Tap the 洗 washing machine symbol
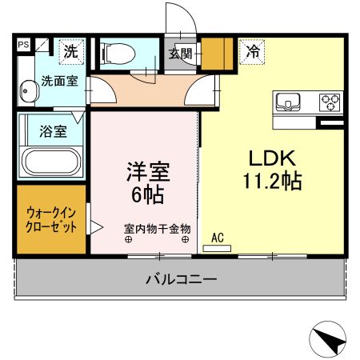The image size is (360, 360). click(71, 52)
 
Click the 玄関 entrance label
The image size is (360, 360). click(181, 54)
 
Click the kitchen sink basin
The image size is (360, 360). click(287, 102)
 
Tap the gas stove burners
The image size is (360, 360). click(329, 102)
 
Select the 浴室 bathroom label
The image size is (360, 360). click(52, 128)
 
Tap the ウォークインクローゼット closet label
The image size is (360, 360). click(52, 220)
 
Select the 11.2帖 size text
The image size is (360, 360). click(272, 182)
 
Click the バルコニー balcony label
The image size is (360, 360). click(180, 280)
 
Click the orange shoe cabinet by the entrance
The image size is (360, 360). click(213, 54)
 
